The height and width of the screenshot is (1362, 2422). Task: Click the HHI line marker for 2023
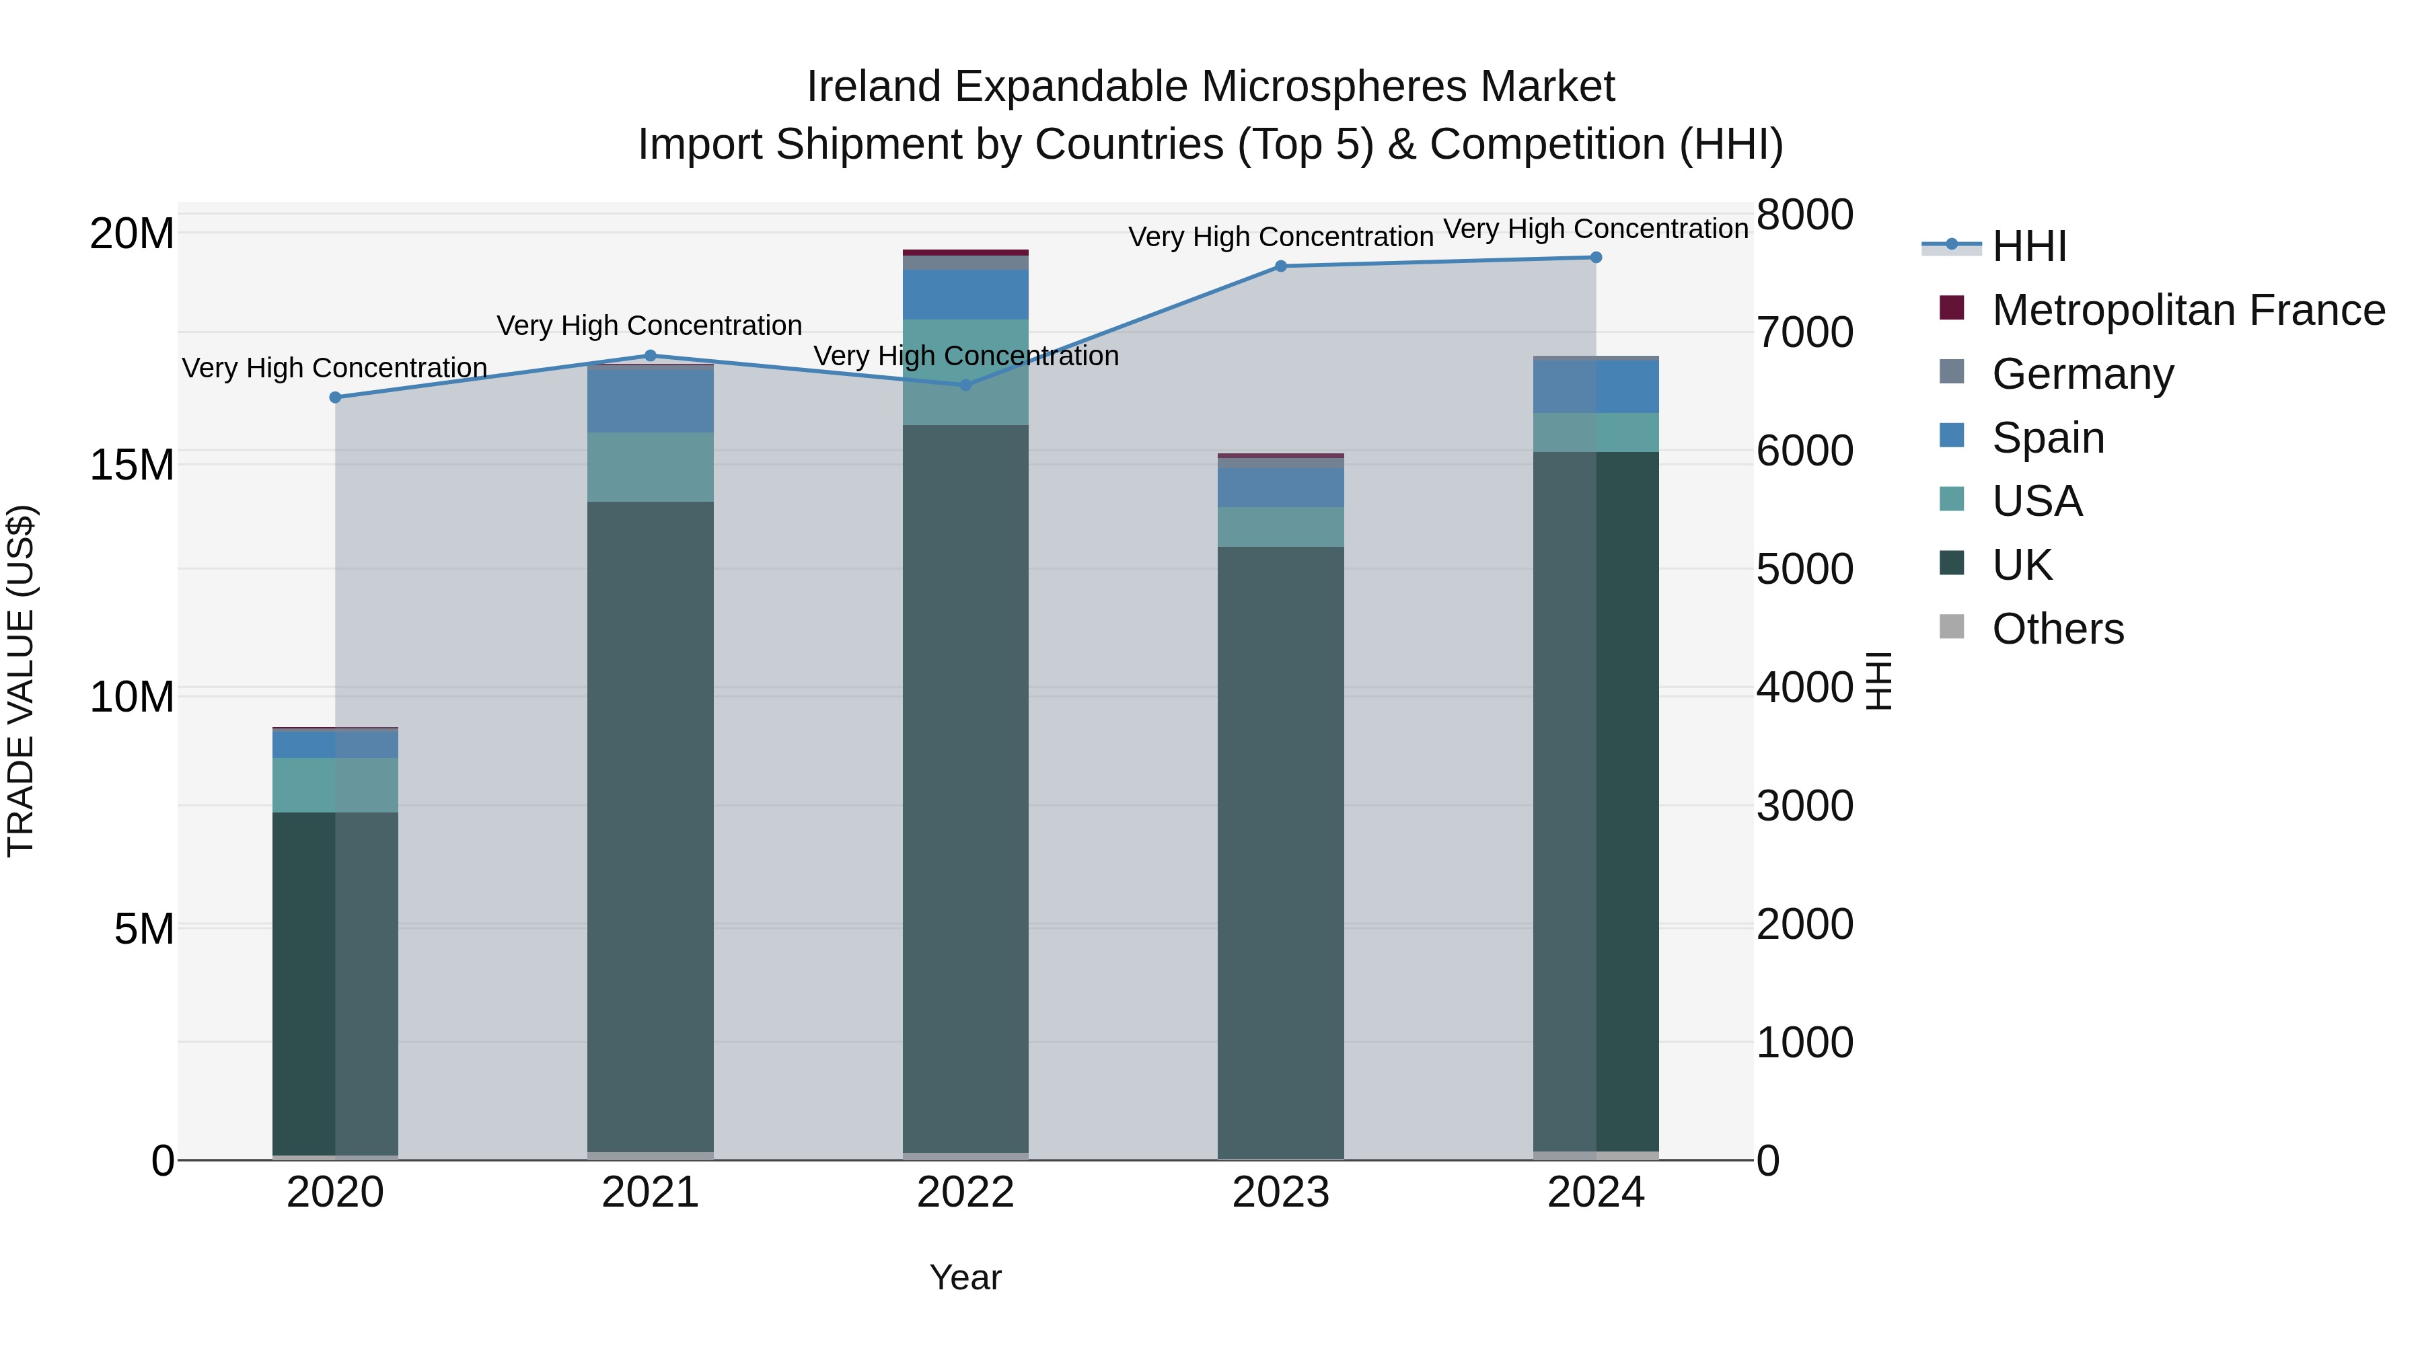(1280, 266)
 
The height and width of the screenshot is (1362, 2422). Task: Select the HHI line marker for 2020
(335, 397)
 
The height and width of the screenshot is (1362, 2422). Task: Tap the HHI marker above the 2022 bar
(965, 385)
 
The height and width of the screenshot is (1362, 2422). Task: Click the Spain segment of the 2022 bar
(965, 294)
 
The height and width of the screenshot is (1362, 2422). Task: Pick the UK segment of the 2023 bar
(1280, 851)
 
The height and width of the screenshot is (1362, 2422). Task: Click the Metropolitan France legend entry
(2187, 310)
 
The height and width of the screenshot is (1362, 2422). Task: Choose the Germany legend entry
(2082, 374)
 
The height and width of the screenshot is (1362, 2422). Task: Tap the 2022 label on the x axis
(965, 1193)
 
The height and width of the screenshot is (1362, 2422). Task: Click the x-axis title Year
(965, 1277)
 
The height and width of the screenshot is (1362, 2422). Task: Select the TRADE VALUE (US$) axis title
(21, 681)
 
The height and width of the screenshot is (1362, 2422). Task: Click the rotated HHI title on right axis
(1878, 681)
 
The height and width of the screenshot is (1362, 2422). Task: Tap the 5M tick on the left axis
(144, 929)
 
